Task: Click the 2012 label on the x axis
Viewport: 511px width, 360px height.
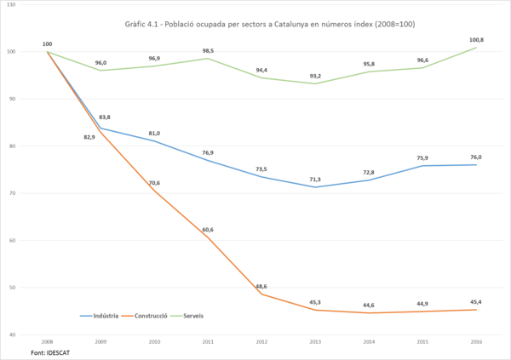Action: pyautogui.click(x=261, y=340)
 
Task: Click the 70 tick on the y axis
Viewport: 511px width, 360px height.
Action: pyautogui.click(x=34, y=193)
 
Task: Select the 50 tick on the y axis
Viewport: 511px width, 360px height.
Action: pyautogui.click(x=34, y=288)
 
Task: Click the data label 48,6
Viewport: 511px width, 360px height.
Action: pyautogui.click(x=261, y=286)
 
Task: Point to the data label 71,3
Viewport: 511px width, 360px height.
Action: pyautogui.click(x=314, y=180)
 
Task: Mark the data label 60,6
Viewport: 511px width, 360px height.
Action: pyautogui.click(x=207, y=229)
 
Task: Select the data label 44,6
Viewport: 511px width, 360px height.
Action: pyautogui.click(x=368, y=305)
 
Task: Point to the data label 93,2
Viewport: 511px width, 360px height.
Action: pyautogui.click(x=314, y=75)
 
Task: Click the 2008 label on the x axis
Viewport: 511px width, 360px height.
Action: pyautogui.click(x=47, y=340)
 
